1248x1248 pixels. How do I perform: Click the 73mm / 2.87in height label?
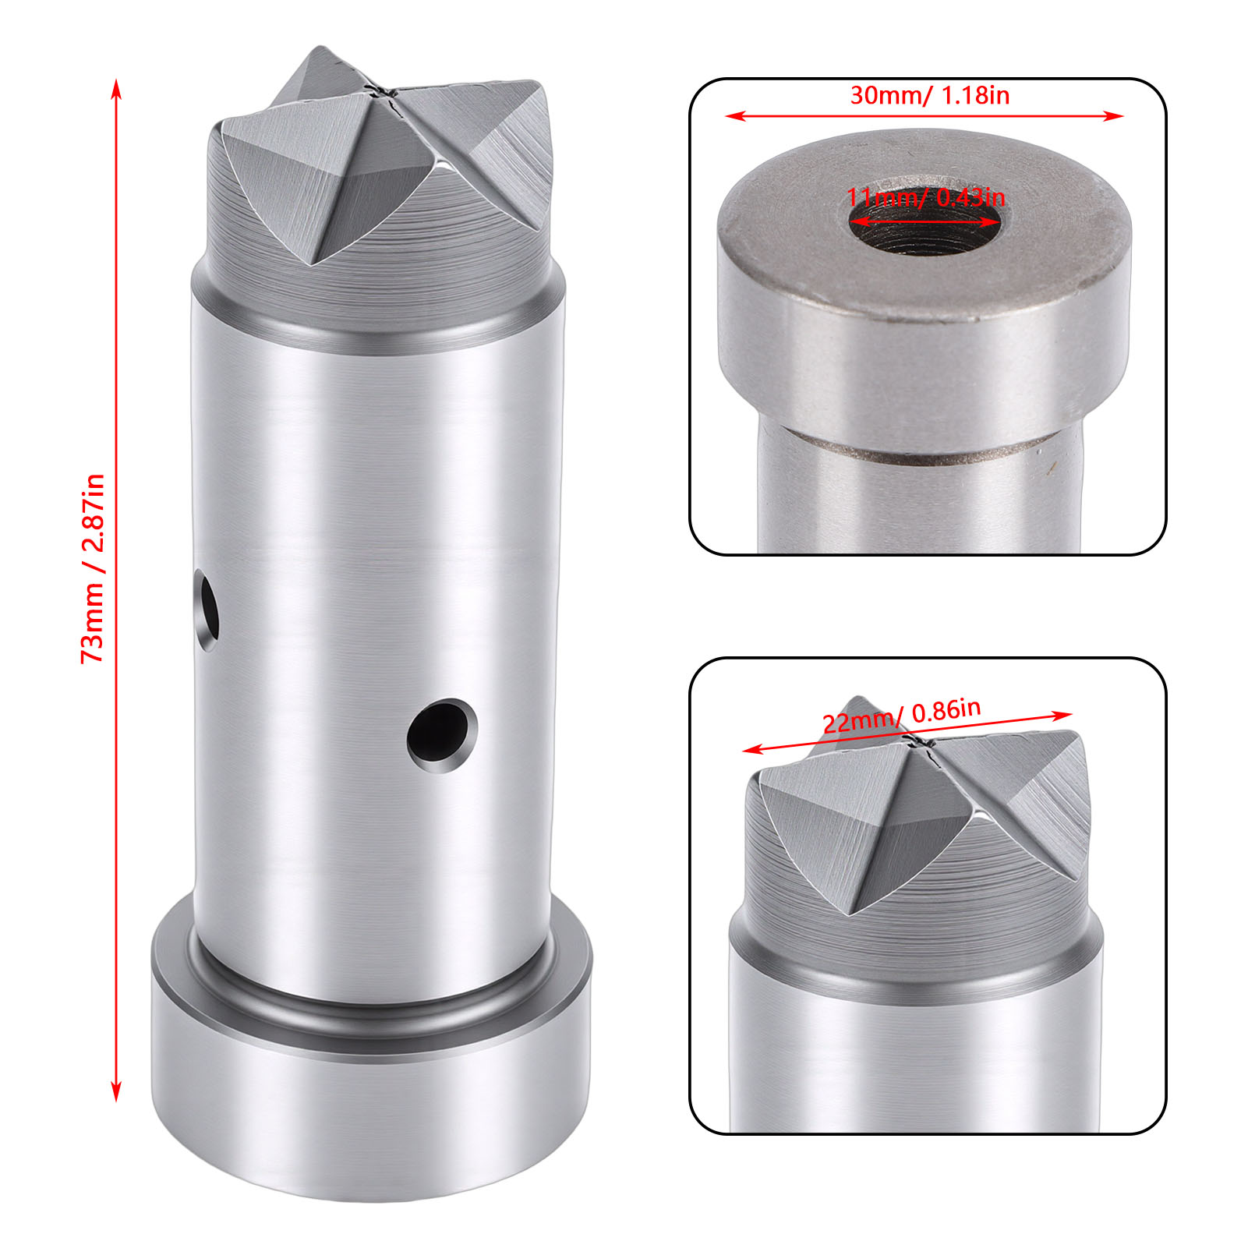93,568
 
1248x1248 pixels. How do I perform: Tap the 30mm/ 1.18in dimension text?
929,95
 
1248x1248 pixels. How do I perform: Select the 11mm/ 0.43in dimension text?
926,197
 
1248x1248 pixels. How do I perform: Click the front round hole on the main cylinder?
441,736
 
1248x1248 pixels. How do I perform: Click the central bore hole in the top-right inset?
925,222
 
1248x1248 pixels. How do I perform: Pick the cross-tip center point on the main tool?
384,93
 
